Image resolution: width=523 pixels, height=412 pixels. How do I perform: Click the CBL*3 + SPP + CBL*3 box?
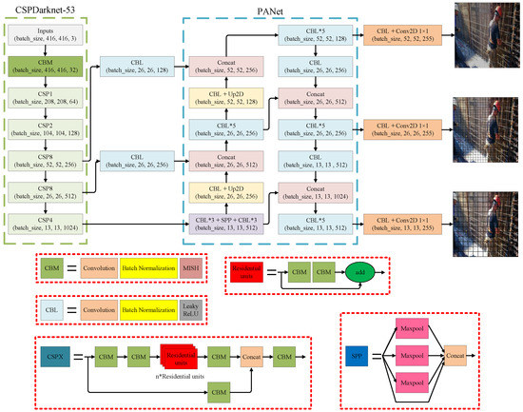(x=225, y=224)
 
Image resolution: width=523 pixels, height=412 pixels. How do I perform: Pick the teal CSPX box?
(x=53, y=356)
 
